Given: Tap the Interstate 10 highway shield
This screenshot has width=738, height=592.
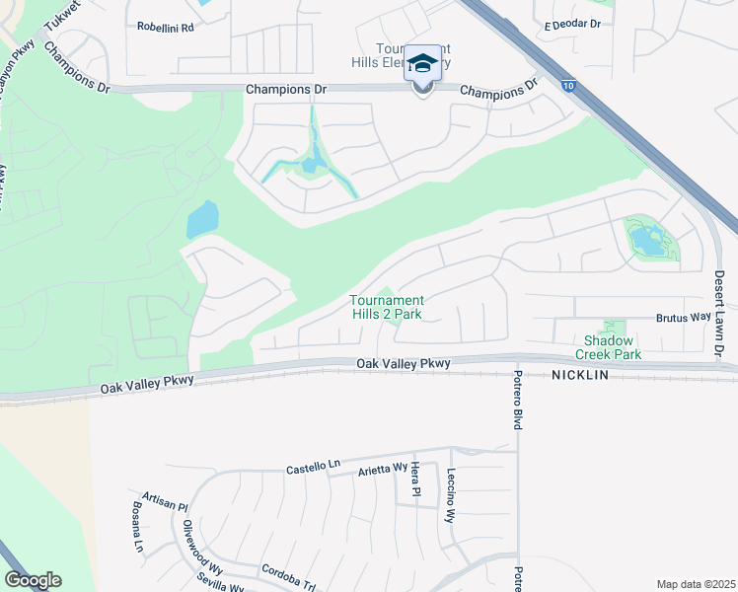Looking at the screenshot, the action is tap(569, 86).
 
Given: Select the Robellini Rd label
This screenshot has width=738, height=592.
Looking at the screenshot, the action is tap(166, 28).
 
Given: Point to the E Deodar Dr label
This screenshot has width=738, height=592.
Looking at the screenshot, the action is tap(566, 22).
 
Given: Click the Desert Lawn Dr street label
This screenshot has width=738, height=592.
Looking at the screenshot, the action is tap(719, 314).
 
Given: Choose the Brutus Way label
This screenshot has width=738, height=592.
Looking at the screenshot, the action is tap(684, 318).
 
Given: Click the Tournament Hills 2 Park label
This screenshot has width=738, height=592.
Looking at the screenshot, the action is tap(388, 307).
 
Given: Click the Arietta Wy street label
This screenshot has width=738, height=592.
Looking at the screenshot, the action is tap(383, 471).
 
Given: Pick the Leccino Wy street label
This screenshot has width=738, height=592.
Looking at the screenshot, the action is tap(450, 495).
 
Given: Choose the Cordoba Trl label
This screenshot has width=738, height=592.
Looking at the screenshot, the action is tap(287, 572).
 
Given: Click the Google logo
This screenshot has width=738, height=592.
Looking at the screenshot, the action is tap(33, 579).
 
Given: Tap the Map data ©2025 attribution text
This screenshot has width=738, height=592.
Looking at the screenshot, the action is tap(695, 583).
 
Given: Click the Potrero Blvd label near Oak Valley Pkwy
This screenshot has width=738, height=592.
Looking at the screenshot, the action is tap(516, 400).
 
